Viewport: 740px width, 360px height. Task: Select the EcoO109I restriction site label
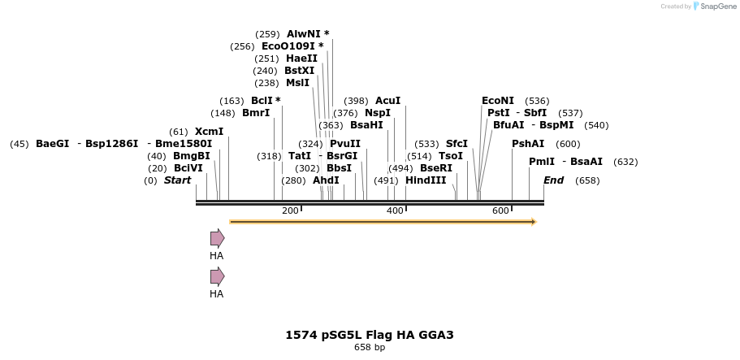(x=288, y=46)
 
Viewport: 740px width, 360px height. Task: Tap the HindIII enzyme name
(x=426, y=180)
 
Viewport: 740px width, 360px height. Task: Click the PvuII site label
(x=345, y=144)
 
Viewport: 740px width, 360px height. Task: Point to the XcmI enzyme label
(x=209, y=132)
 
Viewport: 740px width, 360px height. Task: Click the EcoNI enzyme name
(x=498, y=101)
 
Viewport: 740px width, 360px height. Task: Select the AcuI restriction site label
(x=387, y=101)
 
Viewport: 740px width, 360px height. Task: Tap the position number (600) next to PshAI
(x=568, y=144)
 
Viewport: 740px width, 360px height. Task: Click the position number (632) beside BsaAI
(x=625, y=162)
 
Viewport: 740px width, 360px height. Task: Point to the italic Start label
(x=177, y=180)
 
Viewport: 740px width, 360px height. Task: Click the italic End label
(x=553, y=180)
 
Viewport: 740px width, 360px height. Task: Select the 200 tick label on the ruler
(x=290, y=211)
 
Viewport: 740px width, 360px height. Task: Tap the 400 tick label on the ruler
(x=395, y=211)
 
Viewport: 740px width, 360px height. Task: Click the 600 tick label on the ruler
(x=500, y=211)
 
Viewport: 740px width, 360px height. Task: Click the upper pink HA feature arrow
(x=217, y=238)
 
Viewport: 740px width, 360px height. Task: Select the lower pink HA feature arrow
(x=217, y=276)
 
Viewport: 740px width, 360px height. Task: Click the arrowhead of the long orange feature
(x=533, y=221)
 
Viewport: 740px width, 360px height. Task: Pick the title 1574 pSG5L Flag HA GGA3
(x=370, y=335)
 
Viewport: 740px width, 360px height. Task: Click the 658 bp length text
(x=370, y=348)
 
